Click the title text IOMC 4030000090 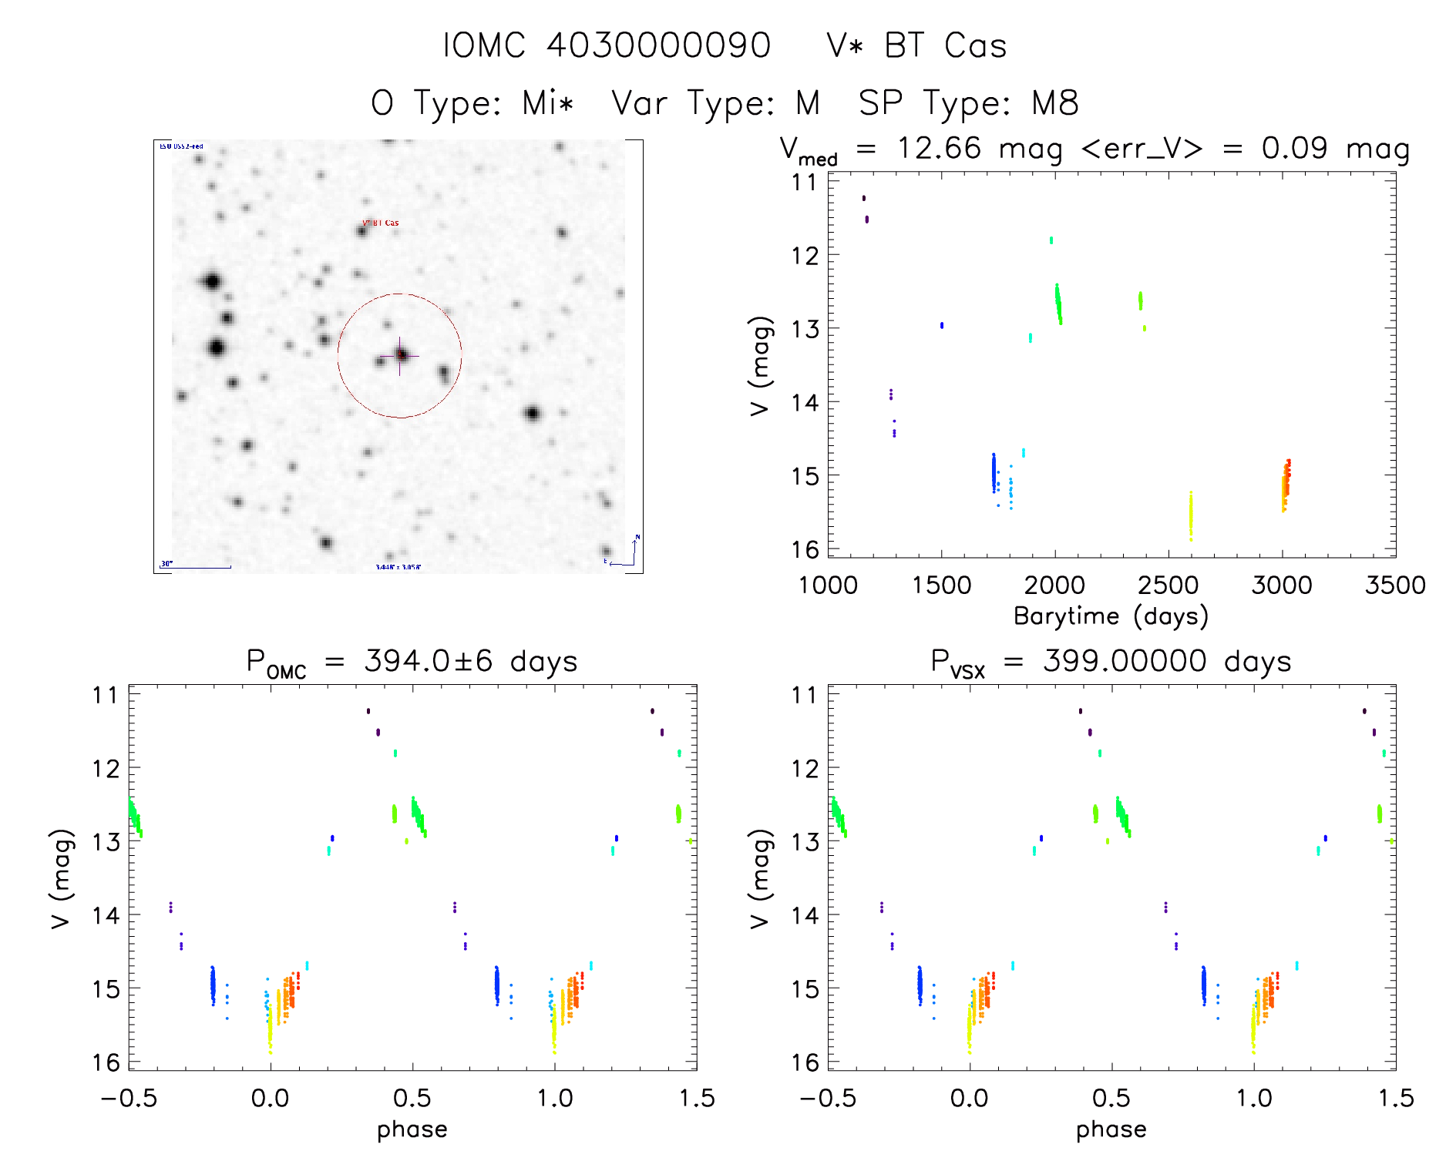(x=607, y=45)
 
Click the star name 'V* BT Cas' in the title (x=916, y=45)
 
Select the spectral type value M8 (x=1055, y=102)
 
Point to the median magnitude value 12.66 (x=939, y=148)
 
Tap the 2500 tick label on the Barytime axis (x=1168, y=585)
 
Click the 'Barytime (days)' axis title (x=1111, y=616)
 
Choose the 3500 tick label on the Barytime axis (x=1394, y=585)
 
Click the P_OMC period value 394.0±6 (x=428, y=661)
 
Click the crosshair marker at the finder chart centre (x=400, y=355)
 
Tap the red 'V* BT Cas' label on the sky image (x=381, y=223)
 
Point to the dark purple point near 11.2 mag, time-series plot (x=864, y=198)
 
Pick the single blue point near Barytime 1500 (x=942, y=325)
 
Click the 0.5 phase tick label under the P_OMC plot (x=412, y=1098)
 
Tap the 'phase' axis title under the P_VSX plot (x=1111, y=1129)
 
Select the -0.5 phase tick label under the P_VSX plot (x=828, y=1098)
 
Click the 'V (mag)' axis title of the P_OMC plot (x=61, y=878)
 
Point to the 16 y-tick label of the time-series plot (x=805, y=549)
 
